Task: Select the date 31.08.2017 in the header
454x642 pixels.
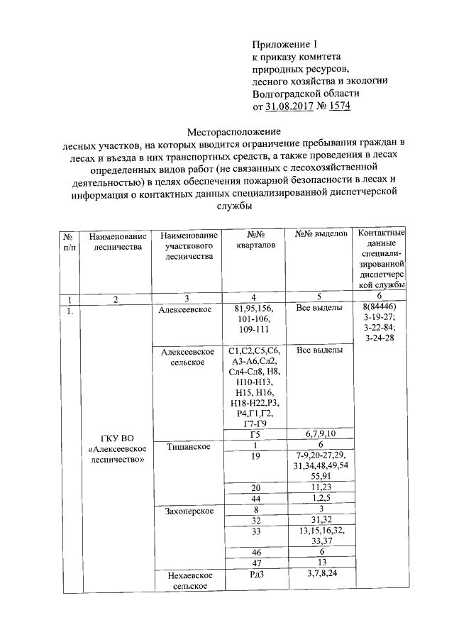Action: pyautogui.click(x=290, y=107)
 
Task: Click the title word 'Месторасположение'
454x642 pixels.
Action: pyautogui.click(x=234, y=132)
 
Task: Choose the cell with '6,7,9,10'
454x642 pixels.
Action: pyautogui.click(x=320, y=434)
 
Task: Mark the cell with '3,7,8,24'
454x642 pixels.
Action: pyautogui.click(x=320, y=574)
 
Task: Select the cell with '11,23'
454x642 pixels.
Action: pyautogui.click(x=320, y=488)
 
